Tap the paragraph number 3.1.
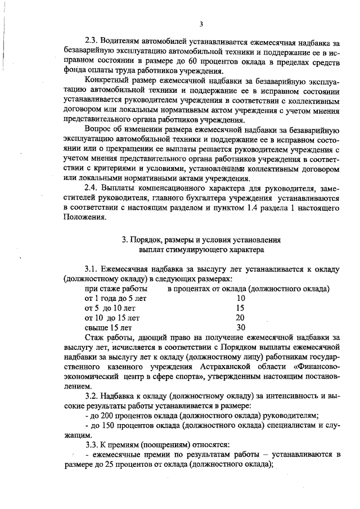(x=92, y=269)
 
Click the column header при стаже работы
(x=112, y=289)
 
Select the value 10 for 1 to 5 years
(x=241, y=299)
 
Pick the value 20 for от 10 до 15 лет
(x=241, y=318)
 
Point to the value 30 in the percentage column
(x=241, y=327)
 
